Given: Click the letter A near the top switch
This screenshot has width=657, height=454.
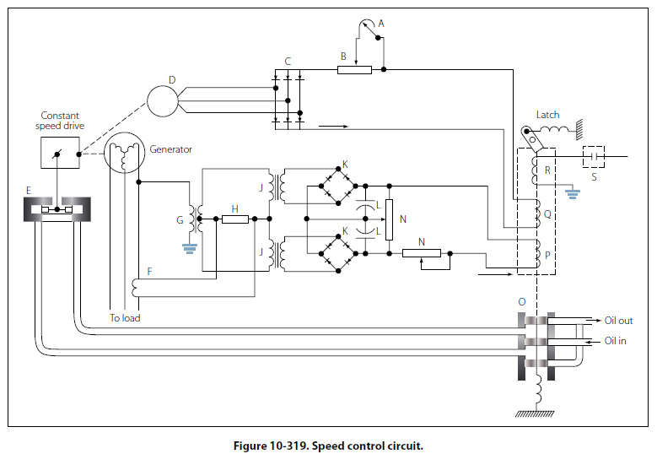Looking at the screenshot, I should click(x=380, y=24).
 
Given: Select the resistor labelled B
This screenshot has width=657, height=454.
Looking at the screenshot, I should click(x=354, y=69).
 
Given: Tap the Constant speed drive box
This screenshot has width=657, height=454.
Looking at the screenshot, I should click(x=62, y=152).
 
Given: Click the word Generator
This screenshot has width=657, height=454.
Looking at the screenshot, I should click(x=170, y=149).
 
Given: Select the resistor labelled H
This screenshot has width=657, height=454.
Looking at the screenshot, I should click(x=235, y=219).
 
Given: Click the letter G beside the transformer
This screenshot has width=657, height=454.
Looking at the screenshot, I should click(x=179, y=219).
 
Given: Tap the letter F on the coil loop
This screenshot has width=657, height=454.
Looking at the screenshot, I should click(x=149, y=272).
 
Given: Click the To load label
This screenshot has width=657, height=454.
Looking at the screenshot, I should click(x=125, y=318).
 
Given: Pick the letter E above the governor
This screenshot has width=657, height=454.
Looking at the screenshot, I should click(x=30, y=191).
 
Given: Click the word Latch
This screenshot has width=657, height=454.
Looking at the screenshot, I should click(x=547, y=115).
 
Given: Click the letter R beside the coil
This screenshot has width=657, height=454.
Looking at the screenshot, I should click(x=547, y=170).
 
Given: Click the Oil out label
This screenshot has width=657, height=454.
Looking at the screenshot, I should click(x=618, y=321).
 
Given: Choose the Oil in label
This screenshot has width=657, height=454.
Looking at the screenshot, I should click(x=615, y=341).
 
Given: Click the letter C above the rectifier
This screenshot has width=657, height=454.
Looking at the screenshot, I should click(x=288, y=61).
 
